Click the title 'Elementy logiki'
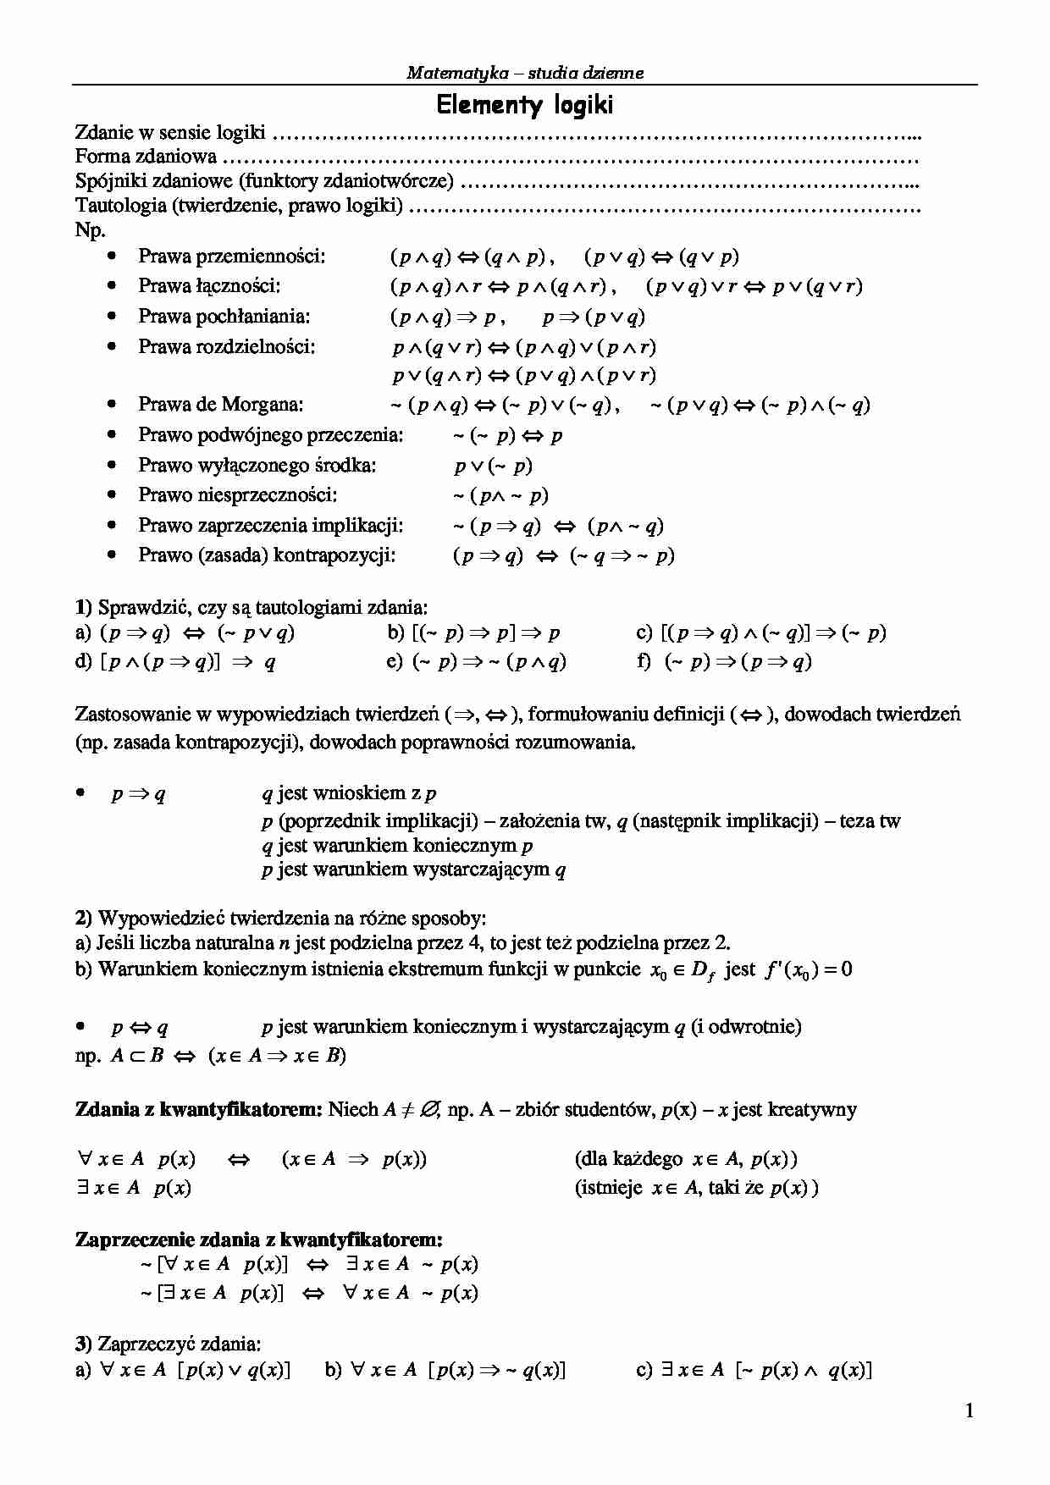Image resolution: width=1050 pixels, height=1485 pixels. point(524,105)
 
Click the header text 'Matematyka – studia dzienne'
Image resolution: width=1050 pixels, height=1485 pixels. point(524,73)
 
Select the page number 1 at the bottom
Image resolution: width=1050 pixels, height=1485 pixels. point(970,1410)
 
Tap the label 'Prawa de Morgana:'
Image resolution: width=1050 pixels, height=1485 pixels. point(220,405)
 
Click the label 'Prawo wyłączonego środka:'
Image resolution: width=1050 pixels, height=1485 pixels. point(257,465)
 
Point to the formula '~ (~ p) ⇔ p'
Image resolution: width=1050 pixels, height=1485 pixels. point(507,436)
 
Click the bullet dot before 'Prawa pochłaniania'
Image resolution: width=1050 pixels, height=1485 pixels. point(112,316)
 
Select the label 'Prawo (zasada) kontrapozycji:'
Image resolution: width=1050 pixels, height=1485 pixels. point(267,555)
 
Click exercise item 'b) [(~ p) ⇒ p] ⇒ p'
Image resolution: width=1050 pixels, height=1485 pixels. point(473,632)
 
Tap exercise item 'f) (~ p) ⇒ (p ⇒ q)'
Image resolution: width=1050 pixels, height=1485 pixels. point(724,661)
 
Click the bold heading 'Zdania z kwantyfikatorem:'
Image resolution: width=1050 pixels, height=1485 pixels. point(199,1109)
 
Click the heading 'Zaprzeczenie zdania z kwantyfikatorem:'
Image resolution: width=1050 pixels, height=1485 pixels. point(258,1239)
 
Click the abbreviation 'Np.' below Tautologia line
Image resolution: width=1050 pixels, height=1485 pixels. point(90,229)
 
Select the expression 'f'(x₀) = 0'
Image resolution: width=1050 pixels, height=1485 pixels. point(808,969)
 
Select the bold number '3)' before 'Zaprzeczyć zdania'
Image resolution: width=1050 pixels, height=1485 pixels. point(83,1344)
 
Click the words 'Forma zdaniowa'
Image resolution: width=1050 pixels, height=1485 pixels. point(146,157)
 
